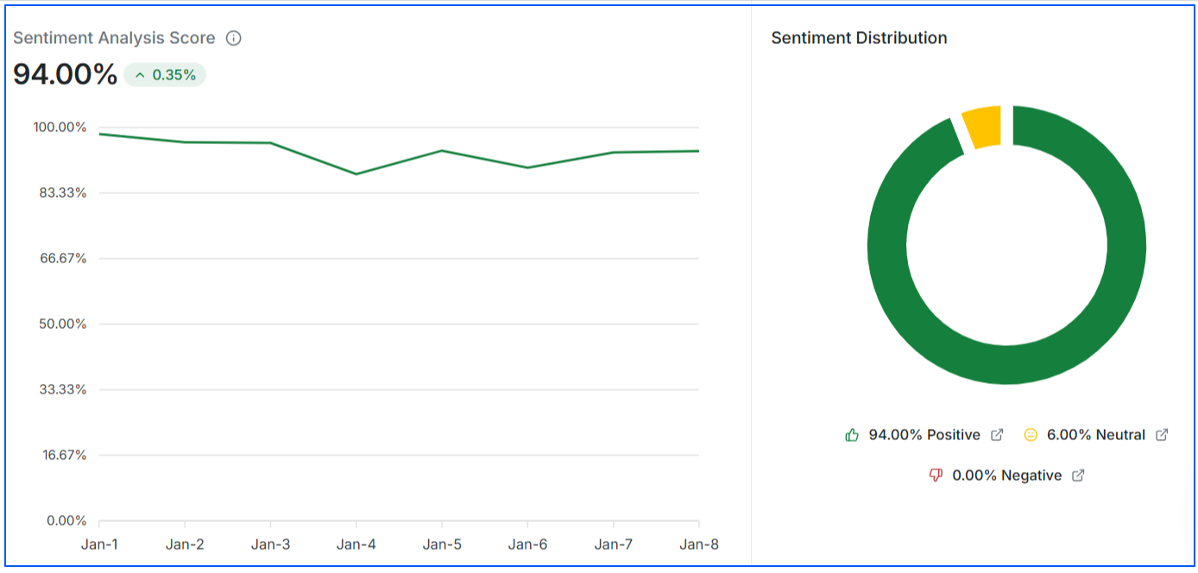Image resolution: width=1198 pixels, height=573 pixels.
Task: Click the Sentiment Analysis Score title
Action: [114, 38]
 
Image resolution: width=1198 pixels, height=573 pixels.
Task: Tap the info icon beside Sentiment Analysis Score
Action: [233, 38]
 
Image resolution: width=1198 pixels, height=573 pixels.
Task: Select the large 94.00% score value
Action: [65, 74]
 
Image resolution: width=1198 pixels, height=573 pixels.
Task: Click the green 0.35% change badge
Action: [165, 75]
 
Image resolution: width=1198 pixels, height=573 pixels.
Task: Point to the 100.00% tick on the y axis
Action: [60, 127]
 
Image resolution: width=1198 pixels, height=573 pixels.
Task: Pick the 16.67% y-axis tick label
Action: [62, 455]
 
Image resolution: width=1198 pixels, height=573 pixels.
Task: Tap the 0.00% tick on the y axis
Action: [66, 520]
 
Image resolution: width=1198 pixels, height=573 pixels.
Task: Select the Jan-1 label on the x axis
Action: [99, 545]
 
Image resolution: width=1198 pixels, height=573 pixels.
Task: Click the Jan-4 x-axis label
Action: [356, 545]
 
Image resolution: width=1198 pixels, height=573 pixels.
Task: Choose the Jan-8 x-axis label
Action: [698, 545]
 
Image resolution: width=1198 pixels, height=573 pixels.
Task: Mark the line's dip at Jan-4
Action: [356, 174]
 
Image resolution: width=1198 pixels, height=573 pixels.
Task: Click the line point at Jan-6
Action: [527, 167]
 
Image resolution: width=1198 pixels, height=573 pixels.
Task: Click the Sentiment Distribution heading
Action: [859, 38]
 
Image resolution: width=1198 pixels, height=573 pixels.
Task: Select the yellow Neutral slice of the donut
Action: [981, 127]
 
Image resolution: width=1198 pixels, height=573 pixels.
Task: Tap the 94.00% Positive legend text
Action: [924, 435]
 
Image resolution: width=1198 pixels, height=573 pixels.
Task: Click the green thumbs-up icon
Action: [852, 435]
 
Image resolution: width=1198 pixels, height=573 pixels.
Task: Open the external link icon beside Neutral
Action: [1162, 435]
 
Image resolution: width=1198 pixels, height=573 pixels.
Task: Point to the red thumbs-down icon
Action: [936, 475]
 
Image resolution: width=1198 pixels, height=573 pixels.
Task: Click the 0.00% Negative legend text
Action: [1006, 475]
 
